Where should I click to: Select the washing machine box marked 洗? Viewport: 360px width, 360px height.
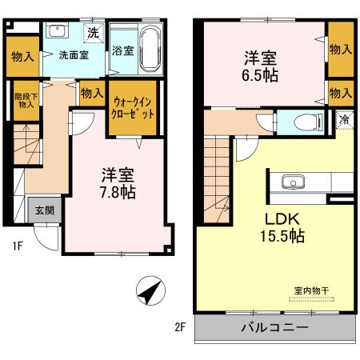pyautogui.click(x=94, y=33)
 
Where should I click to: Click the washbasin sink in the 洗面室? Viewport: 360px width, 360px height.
pyautogui.click(x=58, y=33)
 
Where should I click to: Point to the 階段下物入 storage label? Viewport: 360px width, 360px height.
pyautogui.click(x=26, y=101)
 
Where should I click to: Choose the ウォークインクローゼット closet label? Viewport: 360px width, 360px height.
pyautogui.click(x=134, y=108)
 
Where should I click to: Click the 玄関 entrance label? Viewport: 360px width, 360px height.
pyautogui.click(x=44, y=211)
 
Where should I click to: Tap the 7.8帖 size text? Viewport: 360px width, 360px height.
pyautogui.click(x=117, y=193)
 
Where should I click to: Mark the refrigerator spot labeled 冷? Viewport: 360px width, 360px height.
pyautogui.click(x=342, y=121)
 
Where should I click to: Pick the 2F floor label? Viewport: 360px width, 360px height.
pyautogui.click(x=180, y=326)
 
